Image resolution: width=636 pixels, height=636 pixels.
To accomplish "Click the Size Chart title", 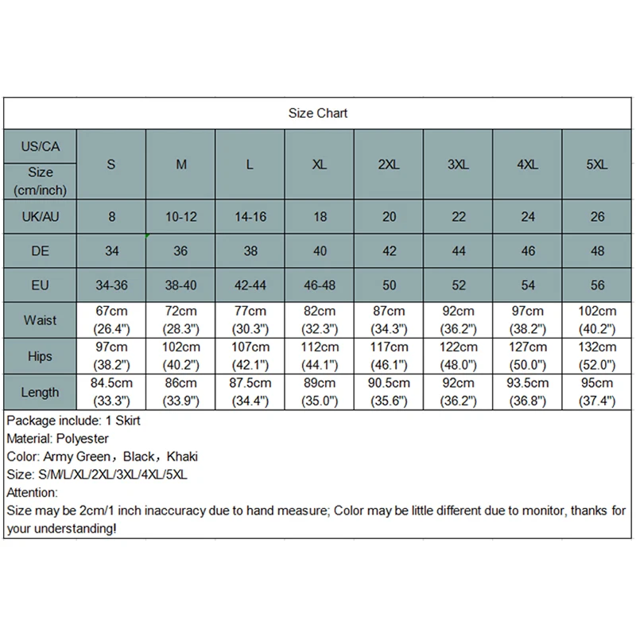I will point(318,113).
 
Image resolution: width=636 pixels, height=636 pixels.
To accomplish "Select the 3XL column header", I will point(458,165).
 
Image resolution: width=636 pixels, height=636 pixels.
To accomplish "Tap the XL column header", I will point(319,165).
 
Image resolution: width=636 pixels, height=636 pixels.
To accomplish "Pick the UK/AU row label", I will point(41,216).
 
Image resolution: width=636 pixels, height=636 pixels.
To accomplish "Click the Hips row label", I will point(41,356).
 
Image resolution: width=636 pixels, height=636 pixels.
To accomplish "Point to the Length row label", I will point(41,392).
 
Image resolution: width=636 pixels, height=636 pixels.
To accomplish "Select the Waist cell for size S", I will point(111,320).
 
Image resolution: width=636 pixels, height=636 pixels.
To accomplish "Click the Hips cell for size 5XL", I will point(598,356).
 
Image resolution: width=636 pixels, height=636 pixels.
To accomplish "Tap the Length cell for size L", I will point(250,392).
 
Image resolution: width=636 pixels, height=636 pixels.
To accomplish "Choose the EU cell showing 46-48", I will point(319,285).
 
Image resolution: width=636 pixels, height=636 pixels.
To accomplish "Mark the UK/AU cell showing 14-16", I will point(250,216).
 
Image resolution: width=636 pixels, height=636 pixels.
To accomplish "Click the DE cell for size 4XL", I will point(528,250).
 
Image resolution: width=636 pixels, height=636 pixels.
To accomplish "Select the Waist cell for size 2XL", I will point(388,320).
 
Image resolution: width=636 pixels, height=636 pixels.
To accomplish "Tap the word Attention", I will point(31,493).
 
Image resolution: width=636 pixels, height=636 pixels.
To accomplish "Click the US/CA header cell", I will point(41,146).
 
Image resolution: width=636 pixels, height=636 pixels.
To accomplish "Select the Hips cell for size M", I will point(181,356).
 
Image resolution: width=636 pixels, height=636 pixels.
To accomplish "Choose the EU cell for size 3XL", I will point(458,285).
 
